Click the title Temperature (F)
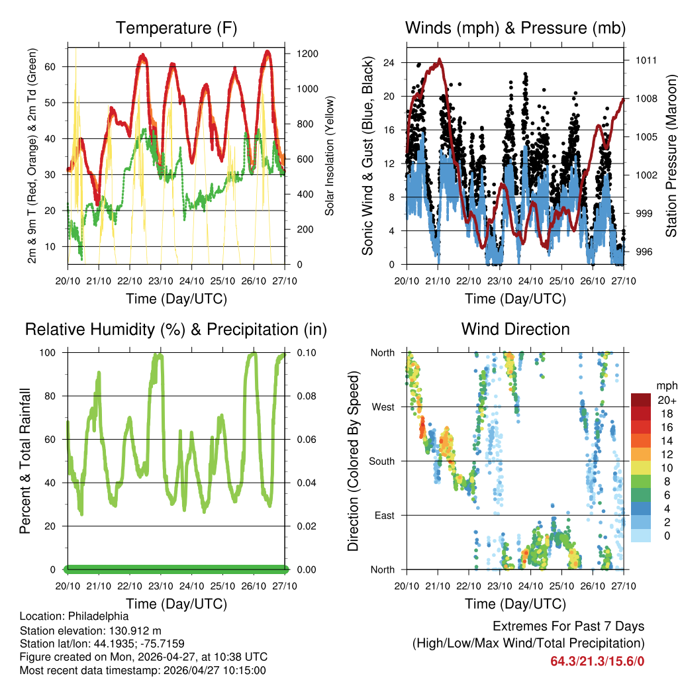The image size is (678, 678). tap(176, 28)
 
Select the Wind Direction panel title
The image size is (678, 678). tap(515, 329)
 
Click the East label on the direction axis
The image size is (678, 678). tap(383, 515)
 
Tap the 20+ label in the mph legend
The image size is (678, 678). tap(666, 400)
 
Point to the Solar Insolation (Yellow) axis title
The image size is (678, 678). tap(329, 156)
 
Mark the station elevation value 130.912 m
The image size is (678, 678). tap(132, 630)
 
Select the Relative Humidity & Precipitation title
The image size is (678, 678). tap(176, 329)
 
